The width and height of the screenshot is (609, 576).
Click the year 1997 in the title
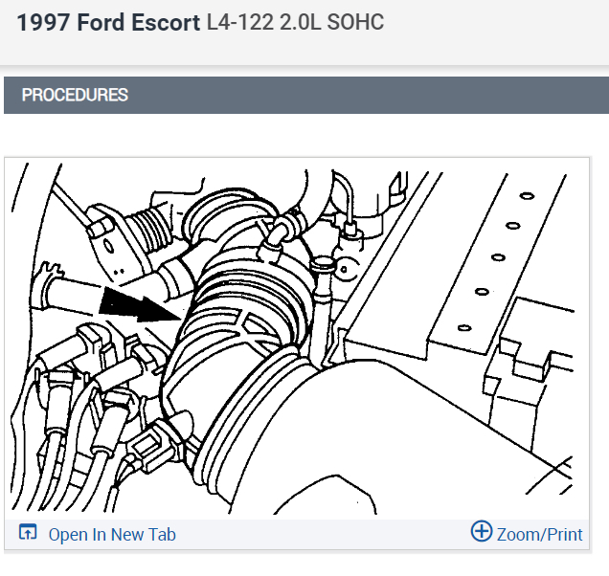point(43,22)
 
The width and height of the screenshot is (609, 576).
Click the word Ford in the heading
point(101,22)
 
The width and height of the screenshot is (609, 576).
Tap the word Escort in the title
point(166,22)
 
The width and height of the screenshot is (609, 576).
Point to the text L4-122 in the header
point(239,22)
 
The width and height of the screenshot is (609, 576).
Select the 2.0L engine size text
point(300,22)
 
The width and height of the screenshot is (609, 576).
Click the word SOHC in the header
point(355,22)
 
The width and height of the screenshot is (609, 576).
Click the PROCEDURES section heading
point(75,95)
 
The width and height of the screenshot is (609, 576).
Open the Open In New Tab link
point(112,535)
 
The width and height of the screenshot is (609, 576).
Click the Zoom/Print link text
point(539,535)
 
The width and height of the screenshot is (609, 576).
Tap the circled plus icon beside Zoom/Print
point(482,531)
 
